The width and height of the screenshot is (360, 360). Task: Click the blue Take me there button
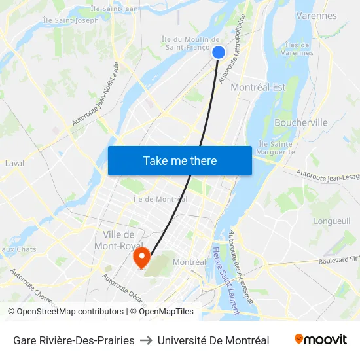tap(180, 160)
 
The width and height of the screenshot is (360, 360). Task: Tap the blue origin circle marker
tap(219, 52)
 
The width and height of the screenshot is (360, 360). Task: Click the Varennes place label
tap(316, 15)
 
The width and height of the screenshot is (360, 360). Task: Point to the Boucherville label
tap(301, 122)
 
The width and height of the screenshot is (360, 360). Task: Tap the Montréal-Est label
tap(259, 88)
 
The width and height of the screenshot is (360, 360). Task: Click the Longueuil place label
tap(333, 221)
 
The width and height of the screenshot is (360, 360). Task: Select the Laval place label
tap(14, 163)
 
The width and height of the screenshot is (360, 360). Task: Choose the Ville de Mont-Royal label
tap(118, 240)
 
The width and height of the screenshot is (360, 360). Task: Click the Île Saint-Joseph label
tap(71, 20)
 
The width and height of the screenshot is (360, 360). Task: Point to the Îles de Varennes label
tap(299, 48)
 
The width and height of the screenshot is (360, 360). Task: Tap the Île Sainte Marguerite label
tap(276, 148)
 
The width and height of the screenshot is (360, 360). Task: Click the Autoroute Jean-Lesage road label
tap(327, 175)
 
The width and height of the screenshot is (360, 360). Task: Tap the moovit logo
tap(320, 340)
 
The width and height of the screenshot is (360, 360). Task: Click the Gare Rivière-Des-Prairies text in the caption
tap(74, 340)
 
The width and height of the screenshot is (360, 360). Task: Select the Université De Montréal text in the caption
tap(213, 340)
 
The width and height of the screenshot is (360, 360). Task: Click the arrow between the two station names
tap(146, 340)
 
